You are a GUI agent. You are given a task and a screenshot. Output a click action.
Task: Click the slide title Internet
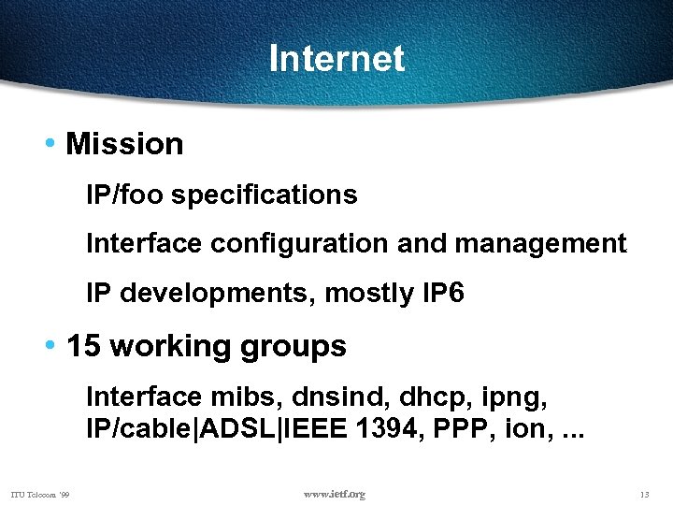click(336, 59)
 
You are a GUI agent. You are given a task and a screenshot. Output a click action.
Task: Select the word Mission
click(125, 144)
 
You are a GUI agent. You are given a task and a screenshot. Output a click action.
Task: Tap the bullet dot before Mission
click(51, 144)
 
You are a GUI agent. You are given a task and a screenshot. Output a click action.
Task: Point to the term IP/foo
click(125, 195)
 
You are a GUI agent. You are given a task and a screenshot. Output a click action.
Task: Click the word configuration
click(300, 244)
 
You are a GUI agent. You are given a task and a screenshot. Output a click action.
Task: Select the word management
click(540, 244)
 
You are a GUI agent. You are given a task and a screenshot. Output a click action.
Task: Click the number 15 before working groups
click(84, 346)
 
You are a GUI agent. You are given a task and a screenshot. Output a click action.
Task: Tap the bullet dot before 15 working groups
click(51, 346)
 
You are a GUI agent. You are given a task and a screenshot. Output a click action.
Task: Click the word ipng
click(512, 397)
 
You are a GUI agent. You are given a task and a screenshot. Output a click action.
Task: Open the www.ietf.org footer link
click(335, 494)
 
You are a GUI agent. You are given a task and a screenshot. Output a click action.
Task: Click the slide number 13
click(644, 494)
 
